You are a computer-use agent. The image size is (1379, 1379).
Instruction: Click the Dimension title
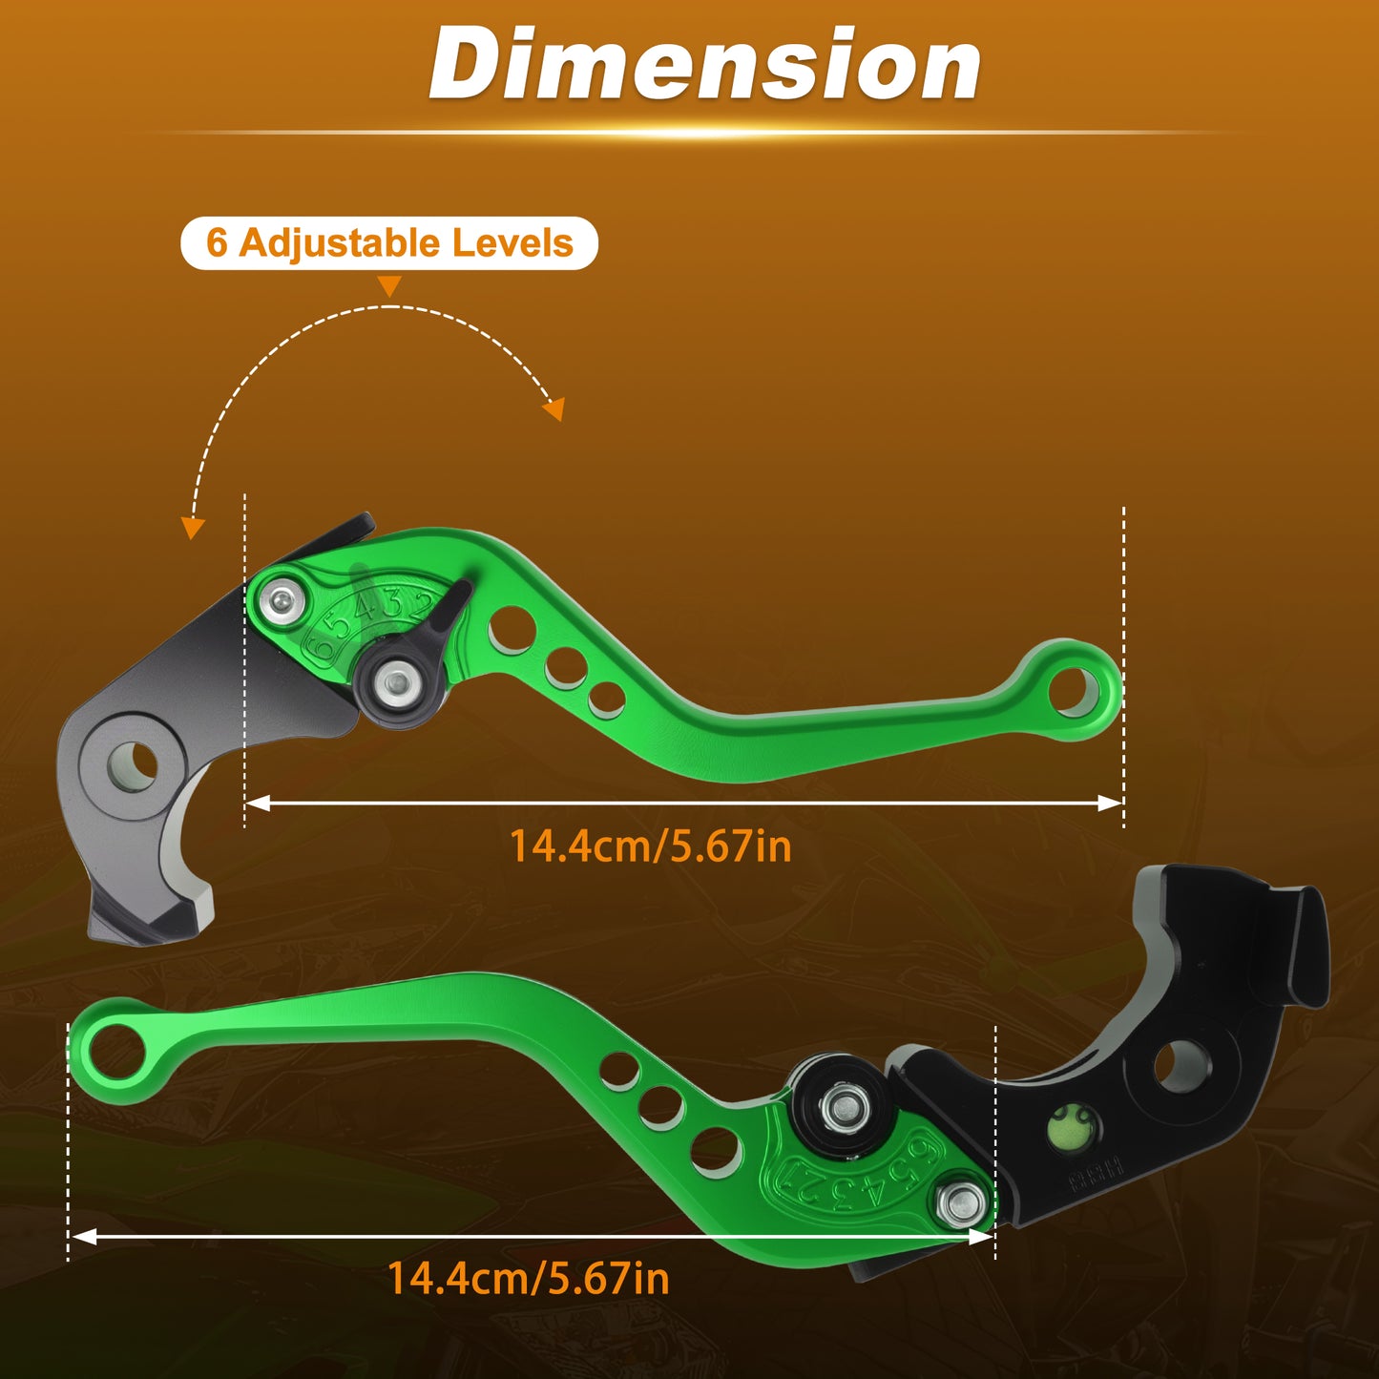(x=705, y=63)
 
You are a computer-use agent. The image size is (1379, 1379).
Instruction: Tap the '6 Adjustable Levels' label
(x=389, y=243)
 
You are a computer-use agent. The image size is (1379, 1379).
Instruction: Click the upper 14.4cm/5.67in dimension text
(x=651, y=846)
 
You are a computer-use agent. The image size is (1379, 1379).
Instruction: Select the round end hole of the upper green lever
(x=1073, y=691)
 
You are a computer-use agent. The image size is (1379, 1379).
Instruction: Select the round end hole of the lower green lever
(x=116, y=1051)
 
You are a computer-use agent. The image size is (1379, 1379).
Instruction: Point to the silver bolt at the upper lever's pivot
(x=282, y=595)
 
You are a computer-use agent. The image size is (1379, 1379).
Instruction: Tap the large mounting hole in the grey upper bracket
(x=133, y=766)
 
